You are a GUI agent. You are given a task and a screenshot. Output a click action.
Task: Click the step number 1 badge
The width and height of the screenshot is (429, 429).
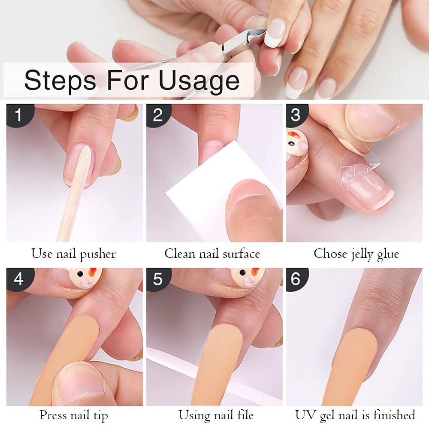18,115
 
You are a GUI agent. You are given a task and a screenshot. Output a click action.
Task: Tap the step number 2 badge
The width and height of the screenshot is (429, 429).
158,115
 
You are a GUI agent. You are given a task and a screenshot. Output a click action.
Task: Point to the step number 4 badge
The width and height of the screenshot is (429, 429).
18,279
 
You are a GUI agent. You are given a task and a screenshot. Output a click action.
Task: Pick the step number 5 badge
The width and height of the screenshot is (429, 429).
158,279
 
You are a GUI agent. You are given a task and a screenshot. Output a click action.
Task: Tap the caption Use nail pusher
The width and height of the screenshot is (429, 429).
73,254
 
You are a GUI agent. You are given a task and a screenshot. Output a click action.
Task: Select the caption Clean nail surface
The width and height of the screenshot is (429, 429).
212,254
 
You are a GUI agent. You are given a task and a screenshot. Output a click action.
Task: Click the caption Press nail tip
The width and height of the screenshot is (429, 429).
73,415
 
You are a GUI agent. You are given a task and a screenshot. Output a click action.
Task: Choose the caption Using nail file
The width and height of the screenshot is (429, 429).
216,415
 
